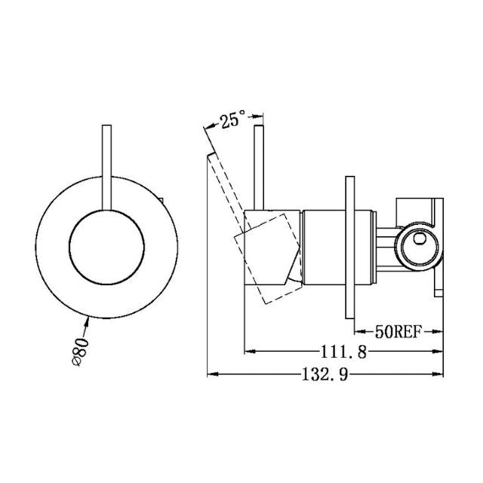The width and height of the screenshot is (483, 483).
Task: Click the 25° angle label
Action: (x=233, y=119)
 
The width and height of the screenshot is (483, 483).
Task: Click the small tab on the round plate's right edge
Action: (x=162, y=201)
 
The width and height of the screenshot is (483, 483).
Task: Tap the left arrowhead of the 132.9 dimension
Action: (x=213, y=374)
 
